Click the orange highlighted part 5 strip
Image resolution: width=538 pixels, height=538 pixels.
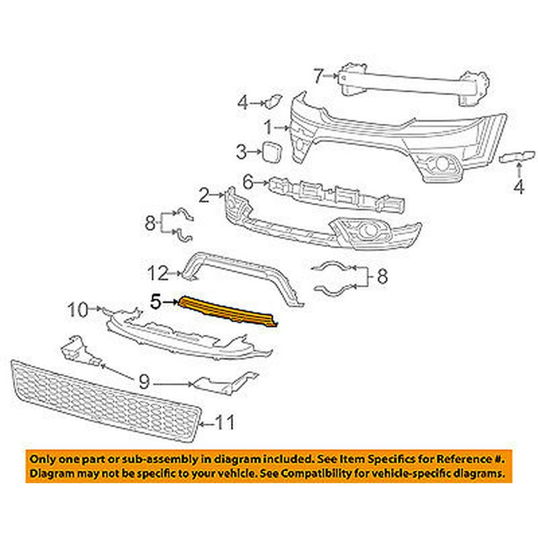point(229,313)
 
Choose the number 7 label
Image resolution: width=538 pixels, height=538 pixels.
point(318,76)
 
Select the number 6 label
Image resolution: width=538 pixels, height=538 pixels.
point(248,183)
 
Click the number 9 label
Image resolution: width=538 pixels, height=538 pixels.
point(144,383)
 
